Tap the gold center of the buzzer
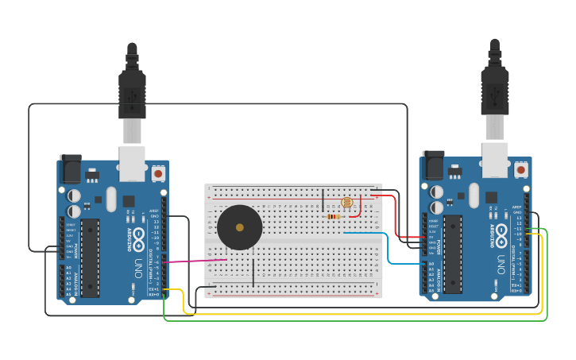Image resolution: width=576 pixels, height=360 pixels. click(x=240, y=227)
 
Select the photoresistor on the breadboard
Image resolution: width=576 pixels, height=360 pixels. click(x=346, y=203)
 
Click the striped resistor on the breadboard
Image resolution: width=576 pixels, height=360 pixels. click(x=334, y=216)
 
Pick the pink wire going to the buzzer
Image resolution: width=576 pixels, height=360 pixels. click(x=195, y=260)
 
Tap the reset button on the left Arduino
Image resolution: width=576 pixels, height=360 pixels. click(x=158, y=172)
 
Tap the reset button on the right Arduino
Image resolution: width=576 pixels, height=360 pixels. click(x=521, y=169)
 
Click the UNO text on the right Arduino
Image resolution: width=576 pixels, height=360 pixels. click(x=501, y=261)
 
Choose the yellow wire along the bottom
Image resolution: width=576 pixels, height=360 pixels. click(x=358, y=314)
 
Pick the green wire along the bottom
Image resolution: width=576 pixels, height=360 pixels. click(x=358, y=321)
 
